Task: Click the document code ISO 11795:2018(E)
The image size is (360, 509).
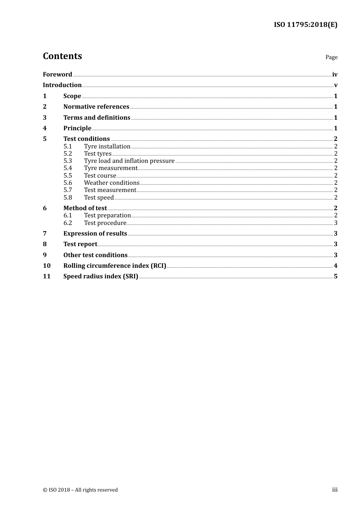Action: point(305,25)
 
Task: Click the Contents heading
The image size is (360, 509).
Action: point(63,56)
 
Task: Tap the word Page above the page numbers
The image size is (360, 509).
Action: point(331,57)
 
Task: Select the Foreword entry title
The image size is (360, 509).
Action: point(57,75)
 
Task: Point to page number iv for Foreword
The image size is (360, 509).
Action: point(335,75)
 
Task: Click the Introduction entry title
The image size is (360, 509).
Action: point(62,85)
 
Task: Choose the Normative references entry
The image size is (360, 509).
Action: point(96,107)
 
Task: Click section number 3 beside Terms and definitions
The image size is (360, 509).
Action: point(45,118)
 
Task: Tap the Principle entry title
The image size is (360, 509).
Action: point(77,128)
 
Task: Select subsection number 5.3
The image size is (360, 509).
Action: point(67,161)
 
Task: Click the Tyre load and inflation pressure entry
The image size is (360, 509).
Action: point(129,161)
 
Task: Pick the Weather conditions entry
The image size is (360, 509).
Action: point(112,183)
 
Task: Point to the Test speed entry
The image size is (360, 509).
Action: point(99,198)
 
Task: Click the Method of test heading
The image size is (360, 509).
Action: point(85,208)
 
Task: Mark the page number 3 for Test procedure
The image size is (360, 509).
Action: point(336,223)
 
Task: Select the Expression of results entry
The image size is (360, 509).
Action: point(95,234)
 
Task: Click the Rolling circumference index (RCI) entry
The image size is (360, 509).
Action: point(115,266)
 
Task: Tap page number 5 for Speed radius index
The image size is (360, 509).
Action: point(336,276)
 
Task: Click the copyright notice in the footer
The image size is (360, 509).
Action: point(80,490)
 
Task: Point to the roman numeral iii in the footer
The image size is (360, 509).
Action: point(335,490)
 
